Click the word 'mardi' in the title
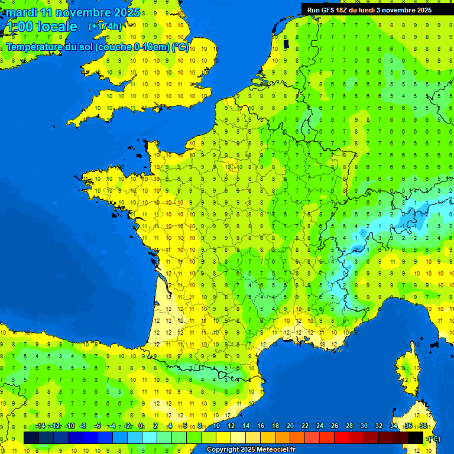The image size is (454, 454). coord(21,12)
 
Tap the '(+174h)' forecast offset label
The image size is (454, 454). coord(105,26)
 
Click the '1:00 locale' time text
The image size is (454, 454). coord(41,27)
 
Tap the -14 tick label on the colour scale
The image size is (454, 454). coord(40,426)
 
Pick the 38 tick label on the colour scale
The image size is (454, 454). coord(423,426)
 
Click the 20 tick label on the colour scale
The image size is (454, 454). coord(290,426)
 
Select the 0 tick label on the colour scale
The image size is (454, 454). coord(141,426)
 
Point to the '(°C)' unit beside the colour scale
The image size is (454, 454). coord(433,438)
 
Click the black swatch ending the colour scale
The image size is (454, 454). coord(416,437)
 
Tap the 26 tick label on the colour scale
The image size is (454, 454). coord(335,426)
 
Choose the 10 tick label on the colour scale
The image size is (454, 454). coord(216,426)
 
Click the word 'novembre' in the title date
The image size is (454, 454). coord(81,12)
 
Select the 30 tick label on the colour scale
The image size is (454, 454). coord(364,426)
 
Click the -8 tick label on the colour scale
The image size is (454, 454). coord(83,426)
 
